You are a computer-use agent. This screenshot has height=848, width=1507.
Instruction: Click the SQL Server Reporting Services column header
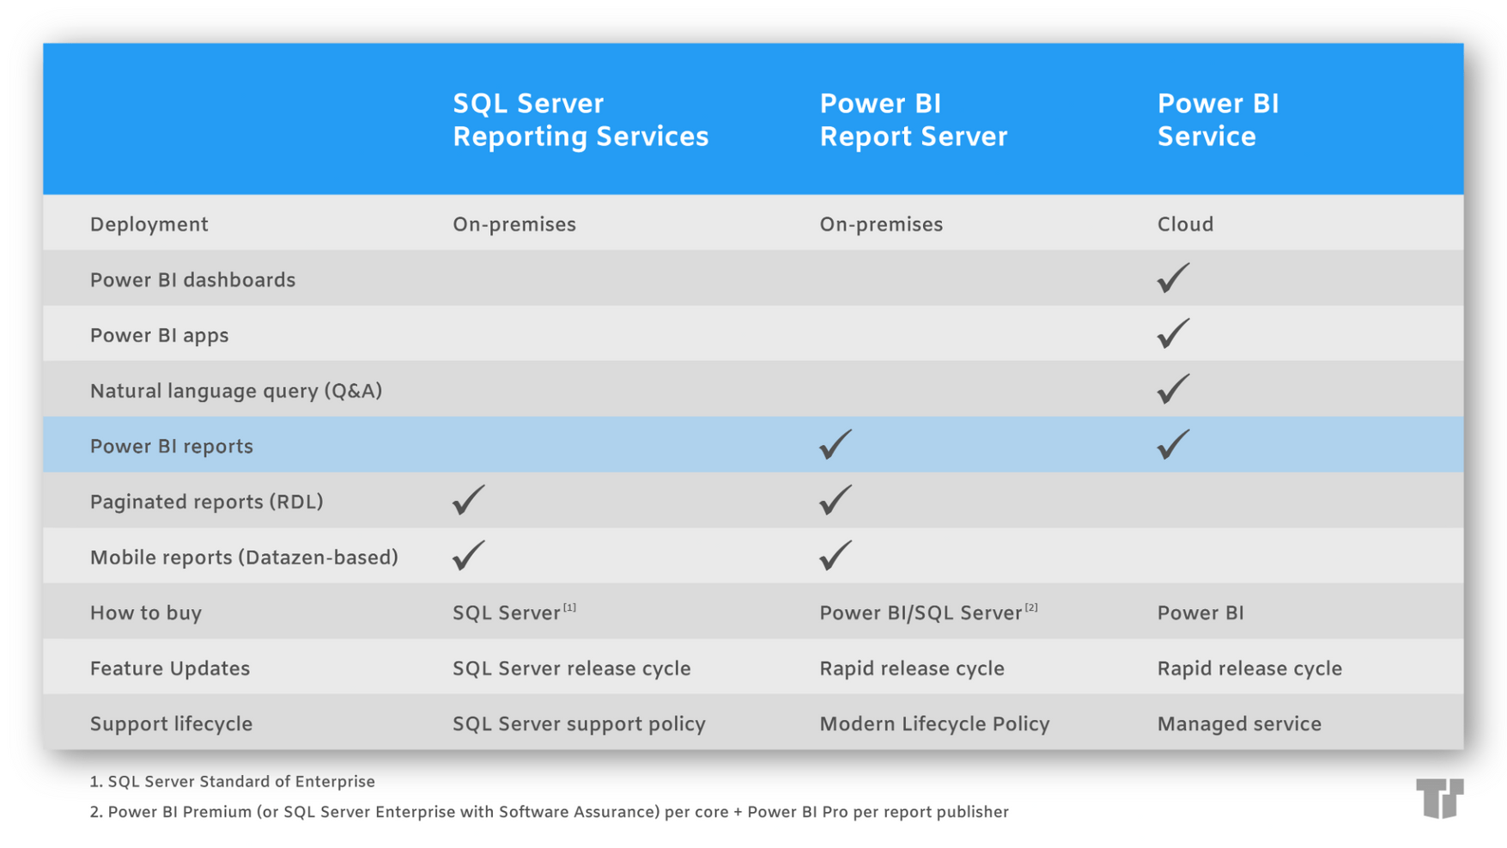[x=580, y=120]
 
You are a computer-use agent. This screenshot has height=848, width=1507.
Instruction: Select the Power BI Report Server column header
[x=912, y=120]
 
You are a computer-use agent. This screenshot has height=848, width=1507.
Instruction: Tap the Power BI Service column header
[x=1217, y=120]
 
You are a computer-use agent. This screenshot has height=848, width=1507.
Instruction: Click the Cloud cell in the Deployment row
[x=1184, y=224]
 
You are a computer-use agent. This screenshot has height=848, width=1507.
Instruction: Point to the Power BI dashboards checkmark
[x=1172, y=278]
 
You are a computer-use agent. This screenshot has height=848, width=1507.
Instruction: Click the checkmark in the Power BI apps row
[x=1172, y=333]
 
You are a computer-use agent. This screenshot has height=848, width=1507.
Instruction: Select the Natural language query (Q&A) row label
[x=235, y=391]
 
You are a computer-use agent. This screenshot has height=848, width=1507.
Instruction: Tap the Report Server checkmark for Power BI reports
[x=835, y=444]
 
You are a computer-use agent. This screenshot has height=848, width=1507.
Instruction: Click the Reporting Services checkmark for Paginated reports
[x=468, y=500]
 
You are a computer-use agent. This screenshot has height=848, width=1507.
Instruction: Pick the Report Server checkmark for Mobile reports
[x=835, y=556]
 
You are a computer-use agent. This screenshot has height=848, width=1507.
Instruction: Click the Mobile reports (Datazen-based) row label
[x=244, y=558]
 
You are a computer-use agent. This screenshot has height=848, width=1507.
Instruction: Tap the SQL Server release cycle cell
[x=571, y=668]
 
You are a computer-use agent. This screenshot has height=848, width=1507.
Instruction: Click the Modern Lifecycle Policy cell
[x=933, y=724]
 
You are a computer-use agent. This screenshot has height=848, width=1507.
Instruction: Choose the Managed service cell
[x=1238, y=724]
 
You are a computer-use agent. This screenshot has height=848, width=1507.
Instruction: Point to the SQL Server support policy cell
[x=578, y=724]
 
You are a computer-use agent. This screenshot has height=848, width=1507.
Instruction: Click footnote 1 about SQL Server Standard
[x=232, y=782]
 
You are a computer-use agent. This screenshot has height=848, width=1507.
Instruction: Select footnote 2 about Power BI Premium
[x=549, y=812]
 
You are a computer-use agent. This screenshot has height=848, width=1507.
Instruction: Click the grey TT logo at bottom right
[x=1439, y=798]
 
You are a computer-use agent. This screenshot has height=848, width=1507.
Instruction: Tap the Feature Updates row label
[x=169, y=668]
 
